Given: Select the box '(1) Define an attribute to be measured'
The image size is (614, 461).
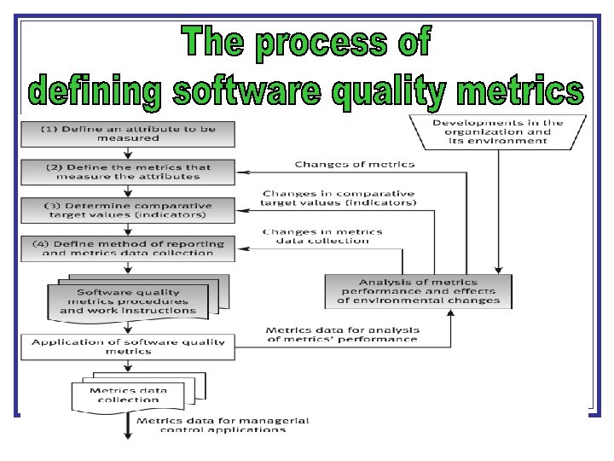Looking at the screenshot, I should click(x=128, y=133).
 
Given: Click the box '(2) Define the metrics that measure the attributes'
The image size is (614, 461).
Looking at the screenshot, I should click(x=128, y=172).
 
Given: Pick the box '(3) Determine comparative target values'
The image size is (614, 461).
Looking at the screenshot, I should click(x=128, y=210).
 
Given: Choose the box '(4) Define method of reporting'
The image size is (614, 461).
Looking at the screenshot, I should click(x=128, y=248).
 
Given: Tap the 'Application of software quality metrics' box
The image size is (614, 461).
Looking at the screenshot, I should click(x=128, y=346).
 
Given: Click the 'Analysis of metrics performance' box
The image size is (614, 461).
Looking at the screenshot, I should click(x=418, y=291).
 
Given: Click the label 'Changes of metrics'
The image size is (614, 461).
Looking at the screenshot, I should click(x=354, y=164).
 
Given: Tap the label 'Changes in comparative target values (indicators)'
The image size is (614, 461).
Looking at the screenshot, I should click(x=339, y=199).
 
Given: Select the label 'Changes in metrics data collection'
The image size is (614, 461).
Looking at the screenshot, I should click(x=322, y=236).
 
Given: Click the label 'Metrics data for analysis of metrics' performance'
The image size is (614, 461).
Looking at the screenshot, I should click(x=341, y=334).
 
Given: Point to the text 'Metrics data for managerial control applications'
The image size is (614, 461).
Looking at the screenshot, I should click(x=223, y=425).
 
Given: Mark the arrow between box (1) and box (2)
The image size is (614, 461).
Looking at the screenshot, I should click(x=128, y=152).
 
